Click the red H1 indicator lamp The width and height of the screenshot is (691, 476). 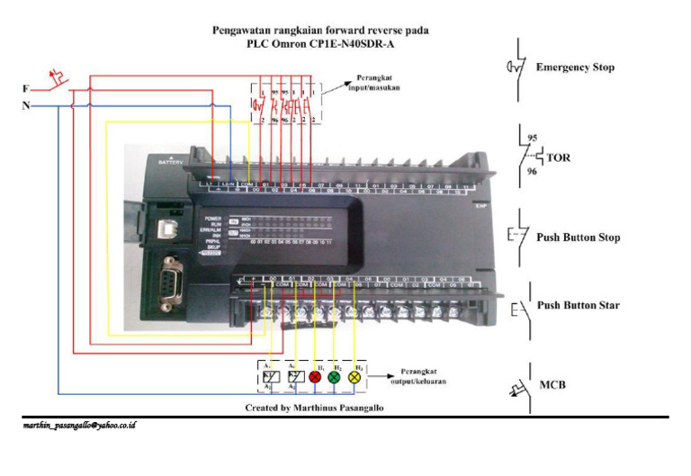coord(316,378)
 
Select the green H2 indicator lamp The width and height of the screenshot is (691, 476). coord(335,378)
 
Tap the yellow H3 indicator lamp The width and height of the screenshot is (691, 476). coord(354,378)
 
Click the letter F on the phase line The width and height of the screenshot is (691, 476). coord(25,89)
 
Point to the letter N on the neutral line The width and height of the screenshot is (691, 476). coord(25,106)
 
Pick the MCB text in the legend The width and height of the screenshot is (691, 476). coord(552,385)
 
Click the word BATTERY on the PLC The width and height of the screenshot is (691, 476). coord(169,162)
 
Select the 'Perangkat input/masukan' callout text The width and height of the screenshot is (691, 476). coord(375,84)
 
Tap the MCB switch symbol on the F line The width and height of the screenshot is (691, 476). coord(58,79)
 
